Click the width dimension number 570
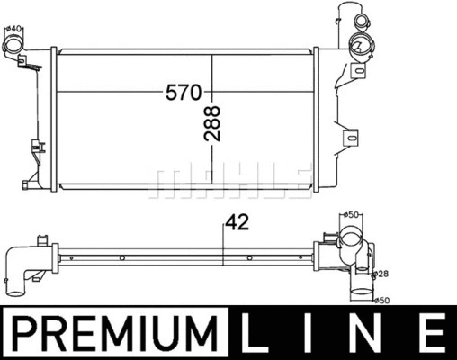(x=185, y=93)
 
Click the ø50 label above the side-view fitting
(x=352, y=214)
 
